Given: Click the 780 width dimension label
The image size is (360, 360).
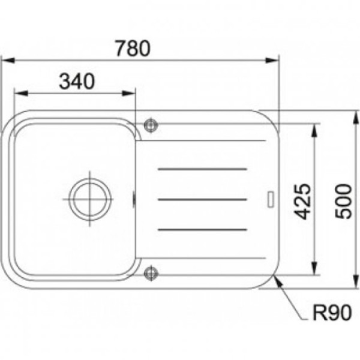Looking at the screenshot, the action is point(133,48).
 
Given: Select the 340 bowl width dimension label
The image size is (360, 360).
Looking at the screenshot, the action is point(77,81).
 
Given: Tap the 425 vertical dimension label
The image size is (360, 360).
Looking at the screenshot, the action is point(302,202).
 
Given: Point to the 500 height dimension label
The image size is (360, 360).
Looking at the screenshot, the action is point(343,202).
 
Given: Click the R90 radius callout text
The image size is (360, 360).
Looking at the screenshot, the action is point(332,313).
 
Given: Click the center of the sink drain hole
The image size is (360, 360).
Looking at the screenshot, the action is point(90,199).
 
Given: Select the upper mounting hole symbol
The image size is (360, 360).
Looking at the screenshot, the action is point(151,125).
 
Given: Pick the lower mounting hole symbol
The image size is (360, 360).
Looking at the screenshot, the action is point(151,273).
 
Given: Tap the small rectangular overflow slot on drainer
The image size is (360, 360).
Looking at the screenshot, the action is point(271,200).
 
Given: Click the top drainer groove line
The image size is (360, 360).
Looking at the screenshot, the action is point(202,169).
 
